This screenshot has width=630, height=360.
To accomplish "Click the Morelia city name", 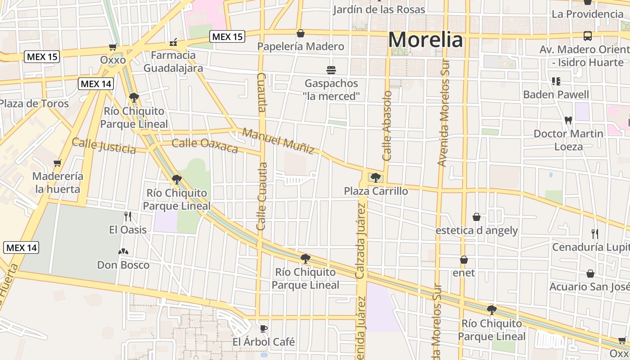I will pyautogui.click(x=425, y=40).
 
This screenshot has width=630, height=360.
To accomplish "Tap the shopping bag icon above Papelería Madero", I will pyautogui.click(x=300, y=33).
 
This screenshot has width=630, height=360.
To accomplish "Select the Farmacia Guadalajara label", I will pyautogui.click(x=173, y=62).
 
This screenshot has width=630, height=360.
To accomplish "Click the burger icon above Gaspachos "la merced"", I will pyautogui.click(x=331, y=70).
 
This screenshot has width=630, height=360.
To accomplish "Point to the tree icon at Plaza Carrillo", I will pyautogui.click(x=375, y=177).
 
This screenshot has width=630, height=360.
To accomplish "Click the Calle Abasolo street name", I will pyautogui.click(x=387, y=126).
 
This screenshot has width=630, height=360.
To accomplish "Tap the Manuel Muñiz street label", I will pyautogui.click(x=278, y=141).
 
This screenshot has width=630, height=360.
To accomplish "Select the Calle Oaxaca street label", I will pyautogui.click(x=205, y=146).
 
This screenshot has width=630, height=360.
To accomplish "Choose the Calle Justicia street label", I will pyautogui.click(x=103, y=145).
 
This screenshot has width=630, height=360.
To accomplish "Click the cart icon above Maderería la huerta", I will pyautogui.click(x=57, y=163).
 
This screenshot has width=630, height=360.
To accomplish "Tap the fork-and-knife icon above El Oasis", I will pyautogui.click(x=128, y=216).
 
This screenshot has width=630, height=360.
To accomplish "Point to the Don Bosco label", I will pyautogui.click(x=123, y=265).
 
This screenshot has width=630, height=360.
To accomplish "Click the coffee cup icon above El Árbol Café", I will pyautogui.click(x=264, y=328).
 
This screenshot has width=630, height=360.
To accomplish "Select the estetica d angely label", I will pyautogui.click(x=477, y=230).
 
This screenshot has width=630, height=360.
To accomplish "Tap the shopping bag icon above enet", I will pyautogui.click(x=464, y=260).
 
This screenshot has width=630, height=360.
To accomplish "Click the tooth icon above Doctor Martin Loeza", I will pyautogui.click(x=568, y=120).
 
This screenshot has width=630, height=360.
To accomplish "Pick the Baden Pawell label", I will pyautogui.click(x=556, y=94).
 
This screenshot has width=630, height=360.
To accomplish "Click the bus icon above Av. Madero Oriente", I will pyautogui.click(x=587, y=36).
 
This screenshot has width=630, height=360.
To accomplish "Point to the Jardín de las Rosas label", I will pyautogui.click(x=379, y=9).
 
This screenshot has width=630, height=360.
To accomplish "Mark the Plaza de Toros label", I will pyautogui.click(x=34, y=103).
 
